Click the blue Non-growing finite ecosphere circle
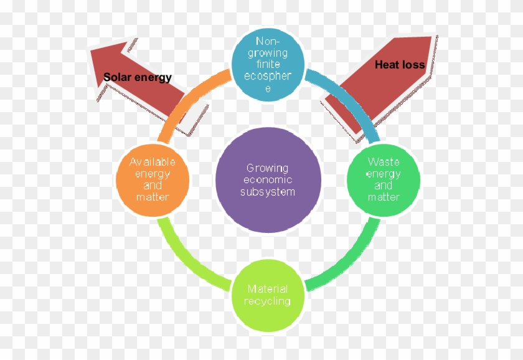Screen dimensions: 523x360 268,65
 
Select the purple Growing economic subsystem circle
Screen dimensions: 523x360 268,179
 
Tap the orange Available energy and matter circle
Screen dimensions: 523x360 153,179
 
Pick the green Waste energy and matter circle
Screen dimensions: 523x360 384,179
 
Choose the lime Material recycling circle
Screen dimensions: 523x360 268,295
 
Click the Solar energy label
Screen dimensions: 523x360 138,77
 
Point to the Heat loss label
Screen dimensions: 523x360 400,64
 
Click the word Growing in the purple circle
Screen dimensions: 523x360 268,168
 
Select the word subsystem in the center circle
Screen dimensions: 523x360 268,192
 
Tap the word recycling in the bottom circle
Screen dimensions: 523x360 267,301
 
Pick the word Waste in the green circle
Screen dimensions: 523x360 384,162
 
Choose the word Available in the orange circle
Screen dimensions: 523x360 153,162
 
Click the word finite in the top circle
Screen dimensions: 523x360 268,64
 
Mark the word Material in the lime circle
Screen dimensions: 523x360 268,289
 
